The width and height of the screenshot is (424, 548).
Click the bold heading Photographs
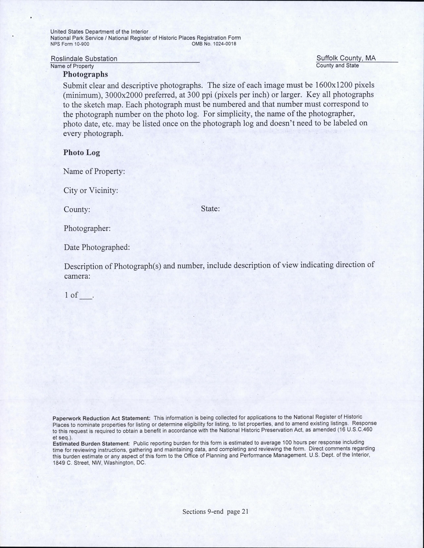[x=85, y=75]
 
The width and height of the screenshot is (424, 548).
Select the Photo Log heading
[x=81, y=153]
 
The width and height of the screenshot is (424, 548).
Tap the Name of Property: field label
[x=94, y=171]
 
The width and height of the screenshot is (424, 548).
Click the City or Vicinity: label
[x=91, y=190]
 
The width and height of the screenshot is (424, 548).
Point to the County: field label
[x=77, y=210]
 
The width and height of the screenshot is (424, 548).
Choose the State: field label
[x=210, y=209]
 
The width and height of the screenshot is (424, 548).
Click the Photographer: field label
[x=87, y=229]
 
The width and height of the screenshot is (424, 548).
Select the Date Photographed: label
[x=97, y=247]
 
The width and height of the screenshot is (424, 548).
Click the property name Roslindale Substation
[x=84, y=59]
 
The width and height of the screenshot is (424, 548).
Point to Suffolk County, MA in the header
[x=346, y=58]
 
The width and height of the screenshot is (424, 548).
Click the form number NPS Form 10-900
[x=70, y=44]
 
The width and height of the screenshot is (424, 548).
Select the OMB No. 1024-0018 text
[x=214, y=44]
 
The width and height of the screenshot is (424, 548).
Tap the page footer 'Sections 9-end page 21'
[x=215, y=512]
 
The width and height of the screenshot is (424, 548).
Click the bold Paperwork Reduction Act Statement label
[x=102, y=418]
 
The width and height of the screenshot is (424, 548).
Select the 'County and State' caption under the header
[x=337, y=66]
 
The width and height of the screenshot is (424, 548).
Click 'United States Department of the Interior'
[x=99, y=32]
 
